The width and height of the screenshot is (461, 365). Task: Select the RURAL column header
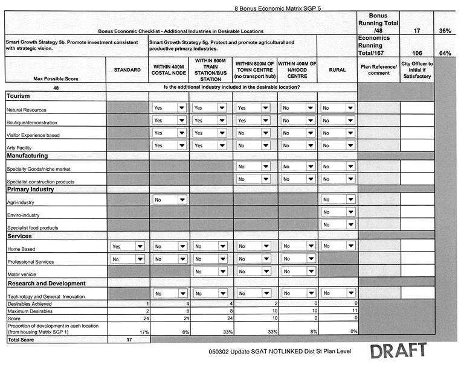[337, 70]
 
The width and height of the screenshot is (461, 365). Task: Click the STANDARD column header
[127, 70]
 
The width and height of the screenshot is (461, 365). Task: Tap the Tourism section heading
[18, 96]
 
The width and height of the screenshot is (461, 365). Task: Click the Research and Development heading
[46, 283]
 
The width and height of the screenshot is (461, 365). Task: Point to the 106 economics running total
[414, 53]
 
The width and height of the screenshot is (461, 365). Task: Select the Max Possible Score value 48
[55, 87]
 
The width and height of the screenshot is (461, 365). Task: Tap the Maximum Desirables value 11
[355, 310]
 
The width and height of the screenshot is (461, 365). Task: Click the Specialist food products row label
[32, 227]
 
